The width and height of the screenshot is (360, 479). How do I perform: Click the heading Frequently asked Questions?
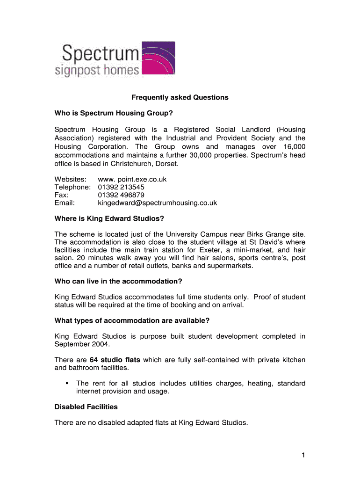tap(180, 97)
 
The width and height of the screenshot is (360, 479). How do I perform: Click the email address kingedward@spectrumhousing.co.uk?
tap(157, 203)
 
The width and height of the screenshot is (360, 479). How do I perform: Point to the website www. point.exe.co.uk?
tap(132, 179)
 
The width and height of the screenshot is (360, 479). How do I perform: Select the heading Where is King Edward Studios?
tap(109, 218)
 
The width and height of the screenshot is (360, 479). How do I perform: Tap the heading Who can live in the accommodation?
tap(118, 281)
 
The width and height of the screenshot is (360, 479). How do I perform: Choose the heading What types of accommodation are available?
tap(132, 320)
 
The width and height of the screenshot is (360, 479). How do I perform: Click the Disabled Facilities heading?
tap(86, 406)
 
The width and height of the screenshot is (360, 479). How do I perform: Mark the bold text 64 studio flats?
tap(115, 360)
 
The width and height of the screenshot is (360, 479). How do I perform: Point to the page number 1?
tap(303, 455)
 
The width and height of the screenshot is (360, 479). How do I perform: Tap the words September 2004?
tap(82, 344)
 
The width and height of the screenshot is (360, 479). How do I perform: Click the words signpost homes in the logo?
tap(97, 71)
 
